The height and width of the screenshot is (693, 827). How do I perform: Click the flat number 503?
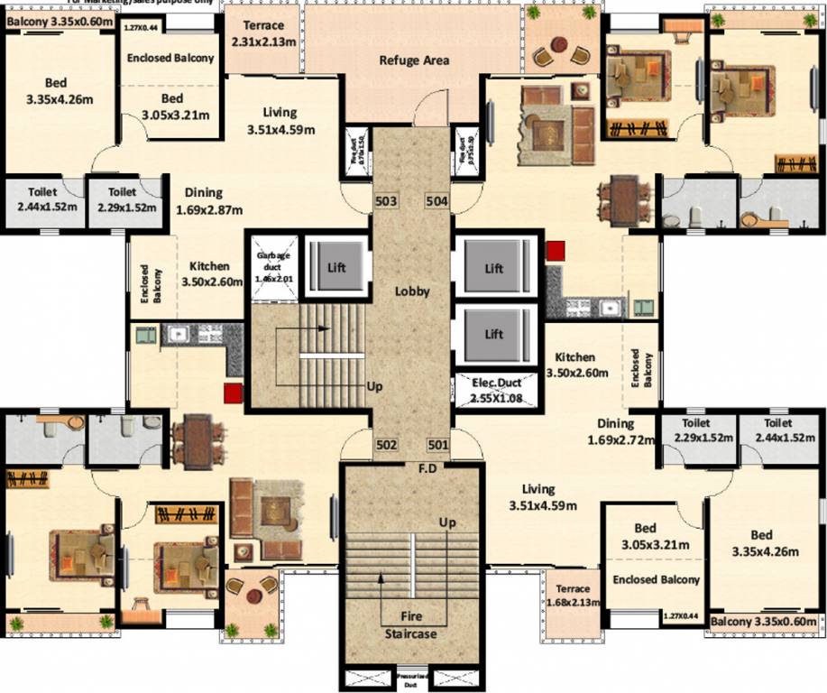(386, 200)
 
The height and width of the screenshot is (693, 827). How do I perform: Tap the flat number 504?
(437, 200)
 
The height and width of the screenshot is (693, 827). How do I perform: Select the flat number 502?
(386, 445)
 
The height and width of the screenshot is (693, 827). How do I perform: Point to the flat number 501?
(437, 445)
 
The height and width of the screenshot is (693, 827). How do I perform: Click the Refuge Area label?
(414, 60)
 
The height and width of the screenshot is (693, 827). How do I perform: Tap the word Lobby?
(412, 291)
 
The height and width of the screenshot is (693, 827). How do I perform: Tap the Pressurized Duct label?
(414, 675)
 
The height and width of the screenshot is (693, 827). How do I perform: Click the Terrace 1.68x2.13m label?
(574, 596)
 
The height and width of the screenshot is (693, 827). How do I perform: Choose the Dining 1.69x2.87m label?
(203, 201)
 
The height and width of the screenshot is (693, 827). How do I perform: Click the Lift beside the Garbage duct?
(335, 268)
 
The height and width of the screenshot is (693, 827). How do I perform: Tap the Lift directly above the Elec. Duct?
(493, 333)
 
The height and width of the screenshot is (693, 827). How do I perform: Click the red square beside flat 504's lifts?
(555, 250)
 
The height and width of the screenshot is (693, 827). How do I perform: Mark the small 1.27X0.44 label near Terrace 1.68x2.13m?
(681, 616)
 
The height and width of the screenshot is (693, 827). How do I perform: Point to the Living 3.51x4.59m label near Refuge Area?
(280, 121)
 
